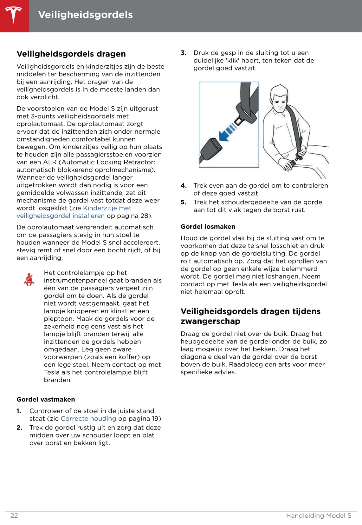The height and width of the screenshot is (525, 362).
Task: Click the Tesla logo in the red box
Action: [14, 15]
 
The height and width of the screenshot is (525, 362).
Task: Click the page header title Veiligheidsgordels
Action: [85, 15]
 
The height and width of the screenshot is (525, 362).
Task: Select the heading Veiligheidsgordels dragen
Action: [71, 54]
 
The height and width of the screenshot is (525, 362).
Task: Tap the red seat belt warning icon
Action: [29, 279]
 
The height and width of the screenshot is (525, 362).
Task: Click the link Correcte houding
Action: [88, 419]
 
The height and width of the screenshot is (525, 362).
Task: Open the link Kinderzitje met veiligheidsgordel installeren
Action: [74, 212]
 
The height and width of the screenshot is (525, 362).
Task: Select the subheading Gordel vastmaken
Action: [46, 399]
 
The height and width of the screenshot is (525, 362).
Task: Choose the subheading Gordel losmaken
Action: [208, 227]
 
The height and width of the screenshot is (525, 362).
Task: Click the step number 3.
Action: [184, 53]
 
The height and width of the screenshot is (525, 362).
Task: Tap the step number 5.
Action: [184, 202]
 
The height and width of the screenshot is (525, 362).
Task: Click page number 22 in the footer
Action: [14, 515]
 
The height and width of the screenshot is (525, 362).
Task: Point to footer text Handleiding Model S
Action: [319, 515]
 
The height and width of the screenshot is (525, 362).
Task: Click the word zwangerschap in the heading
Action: [210, 321]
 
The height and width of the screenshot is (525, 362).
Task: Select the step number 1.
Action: [19, 411]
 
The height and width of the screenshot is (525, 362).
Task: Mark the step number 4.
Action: [184, 186]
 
